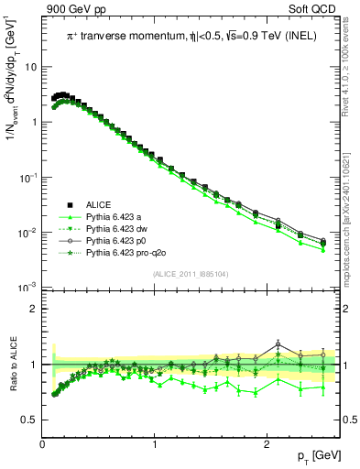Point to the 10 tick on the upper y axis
[31, 67]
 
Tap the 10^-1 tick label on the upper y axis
[28, 177]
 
